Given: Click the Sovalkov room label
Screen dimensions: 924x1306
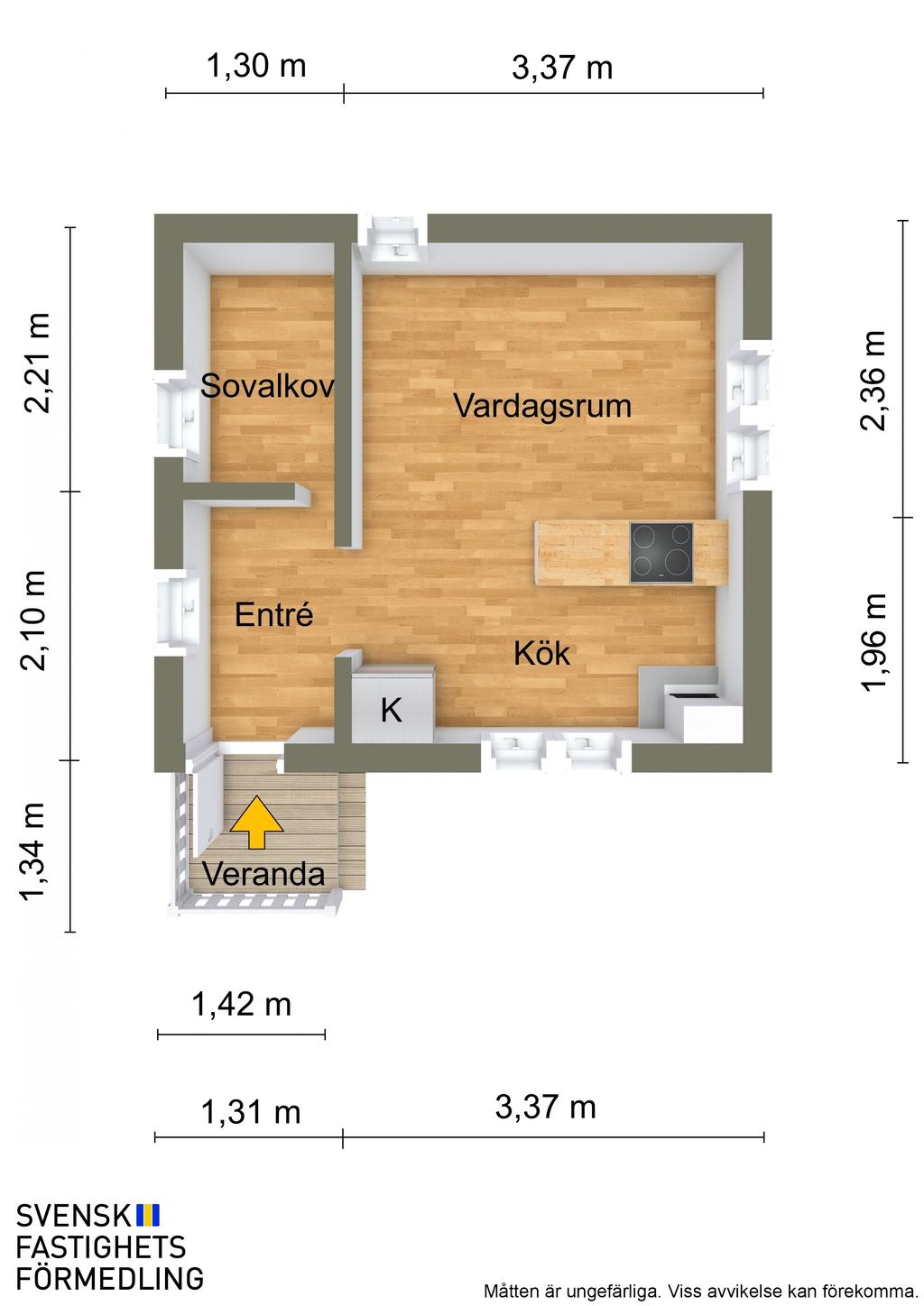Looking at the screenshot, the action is pos(267,386).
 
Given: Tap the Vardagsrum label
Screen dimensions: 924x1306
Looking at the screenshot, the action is pos(542,406).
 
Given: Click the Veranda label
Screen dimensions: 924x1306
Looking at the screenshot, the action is pos(263,874).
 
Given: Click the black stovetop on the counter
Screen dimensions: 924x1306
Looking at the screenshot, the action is pos(661,553).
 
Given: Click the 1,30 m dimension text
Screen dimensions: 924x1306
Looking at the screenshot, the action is pos(256,65).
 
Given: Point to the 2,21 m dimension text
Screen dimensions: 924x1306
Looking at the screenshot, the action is pos(36,363).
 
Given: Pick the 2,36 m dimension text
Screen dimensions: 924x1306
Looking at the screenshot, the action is pos(873,381).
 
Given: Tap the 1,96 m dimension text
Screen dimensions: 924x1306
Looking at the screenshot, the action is pos(873,642).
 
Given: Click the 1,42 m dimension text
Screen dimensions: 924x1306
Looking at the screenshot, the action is pos(241,1005).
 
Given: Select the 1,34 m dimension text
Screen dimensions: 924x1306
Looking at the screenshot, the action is pos(33,851).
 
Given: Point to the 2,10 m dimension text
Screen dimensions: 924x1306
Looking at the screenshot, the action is pos(33,621).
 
